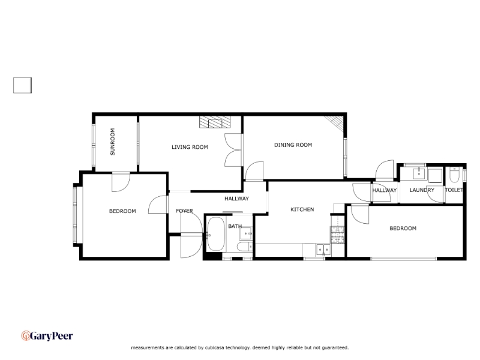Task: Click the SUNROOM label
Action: (x=112, y=142)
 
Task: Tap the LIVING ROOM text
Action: (x=190, y=147)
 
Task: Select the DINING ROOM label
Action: (x=293, y=145)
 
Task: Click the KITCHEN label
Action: (x=302, y=209)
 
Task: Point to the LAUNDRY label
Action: (x=422, y=190)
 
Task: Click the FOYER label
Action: (x=184, y=211)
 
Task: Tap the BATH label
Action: (x=234, y=227)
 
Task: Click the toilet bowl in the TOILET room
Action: (x=455, y=175)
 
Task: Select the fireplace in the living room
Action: (x=214, y=122)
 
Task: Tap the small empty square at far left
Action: (x=22, y=86)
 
